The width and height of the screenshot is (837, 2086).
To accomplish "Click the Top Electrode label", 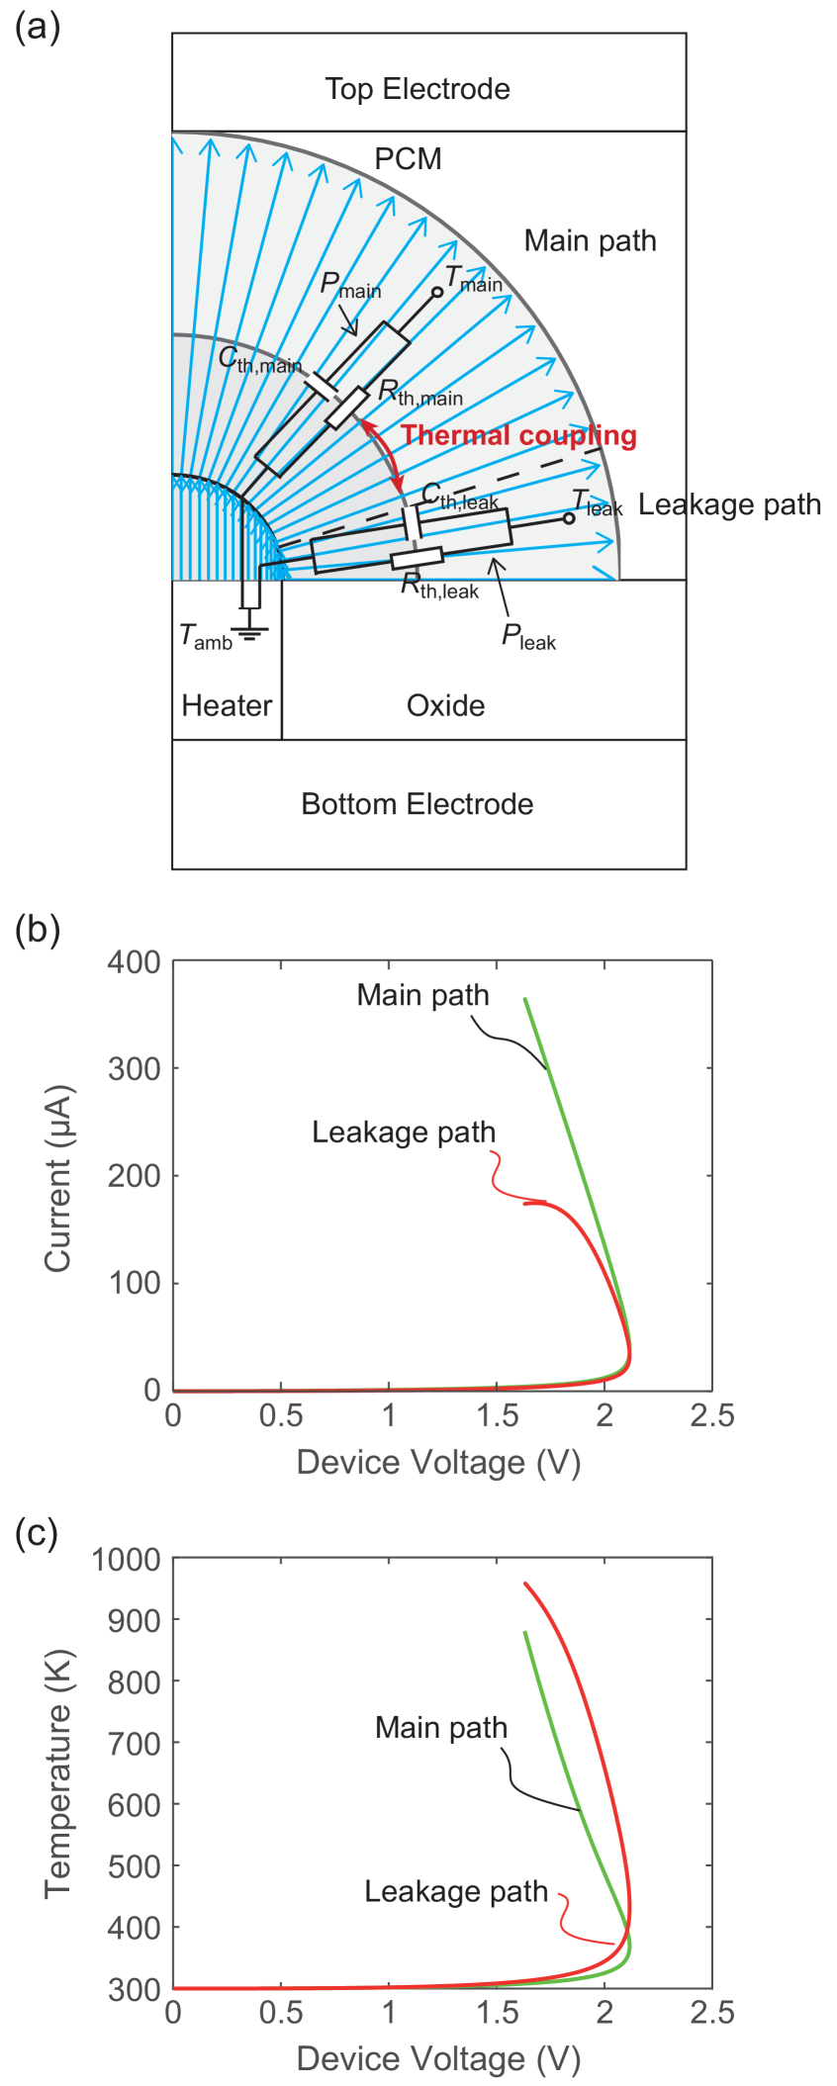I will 418,90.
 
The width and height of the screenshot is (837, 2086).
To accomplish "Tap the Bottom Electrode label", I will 418,804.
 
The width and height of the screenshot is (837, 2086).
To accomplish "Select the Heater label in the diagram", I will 227,706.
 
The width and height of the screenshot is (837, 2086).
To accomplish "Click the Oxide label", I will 445,706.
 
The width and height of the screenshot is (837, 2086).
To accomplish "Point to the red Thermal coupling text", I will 519,436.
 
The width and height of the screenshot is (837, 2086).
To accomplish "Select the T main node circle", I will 436,292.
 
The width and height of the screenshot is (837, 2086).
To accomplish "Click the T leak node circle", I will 569,518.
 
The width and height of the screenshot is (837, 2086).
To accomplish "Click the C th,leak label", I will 459,497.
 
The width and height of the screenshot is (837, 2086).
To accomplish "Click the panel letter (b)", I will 38,931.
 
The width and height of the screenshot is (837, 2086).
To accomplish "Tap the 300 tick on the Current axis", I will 135,1069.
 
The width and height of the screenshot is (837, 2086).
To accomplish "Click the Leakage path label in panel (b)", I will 404,1133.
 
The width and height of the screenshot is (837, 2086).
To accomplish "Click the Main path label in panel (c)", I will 441,1728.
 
